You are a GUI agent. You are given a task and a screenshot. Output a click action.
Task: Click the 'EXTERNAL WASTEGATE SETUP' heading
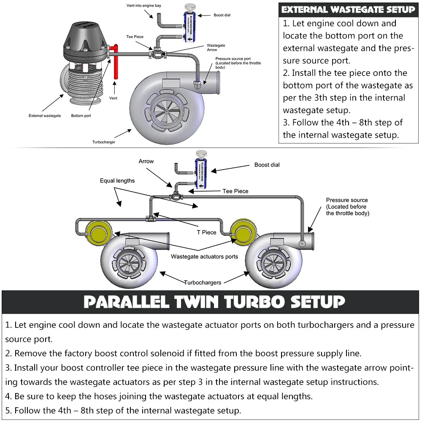coord(348,10)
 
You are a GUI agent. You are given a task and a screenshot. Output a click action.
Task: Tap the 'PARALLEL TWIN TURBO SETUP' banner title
coord(214,302)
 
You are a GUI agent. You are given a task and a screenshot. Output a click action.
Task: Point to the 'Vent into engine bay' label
coord(144,6)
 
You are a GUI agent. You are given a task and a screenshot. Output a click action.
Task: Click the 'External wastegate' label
coord(45,116)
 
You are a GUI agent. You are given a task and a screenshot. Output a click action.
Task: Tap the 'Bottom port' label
coord(81,116)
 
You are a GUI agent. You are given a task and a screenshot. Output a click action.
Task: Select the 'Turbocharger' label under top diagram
coord(104,142)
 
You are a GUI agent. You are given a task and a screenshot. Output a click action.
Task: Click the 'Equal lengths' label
coord(117,181)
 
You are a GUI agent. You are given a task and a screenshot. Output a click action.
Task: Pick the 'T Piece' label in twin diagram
coord(206,232)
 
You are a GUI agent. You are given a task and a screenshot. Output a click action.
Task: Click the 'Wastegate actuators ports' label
coord(204,257)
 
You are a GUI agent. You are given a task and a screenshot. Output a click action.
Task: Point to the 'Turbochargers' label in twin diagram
coord(203,282)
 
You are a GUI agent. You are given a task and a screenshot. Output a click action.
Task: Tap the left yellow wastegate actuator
coord(95,230)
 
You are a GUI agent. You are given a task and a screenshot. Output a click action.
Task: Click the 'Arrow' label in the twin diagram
coord(146,161)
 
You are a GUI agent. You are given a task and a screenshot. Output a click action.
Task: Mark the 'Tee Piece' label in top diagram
coord(135,37)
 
